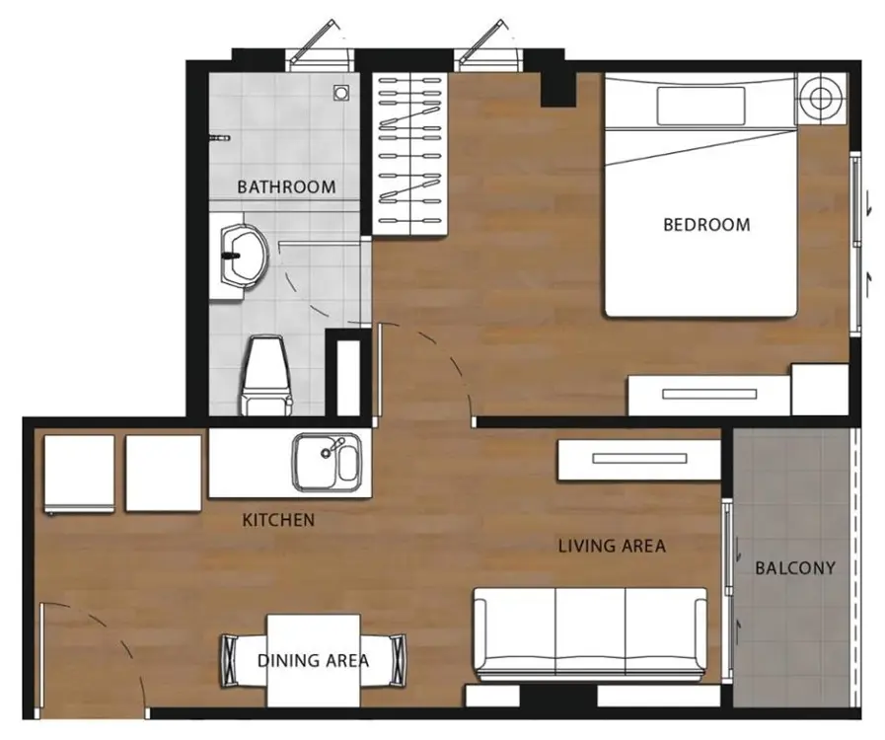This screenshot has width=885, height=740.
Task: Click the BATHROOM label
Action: click(286, 186)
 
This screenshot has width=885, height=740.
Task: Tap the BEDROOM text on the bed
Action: click(706, 225)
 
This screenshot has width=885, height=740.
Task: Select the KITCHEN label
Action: click(278, 520)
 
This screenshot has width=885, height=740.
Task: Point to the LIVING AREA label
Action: click(612, 546)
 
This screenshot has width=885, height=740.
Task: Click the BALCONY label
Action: click(795, 568)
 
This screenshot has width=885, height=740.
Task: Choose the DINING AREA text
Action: click(313, 660)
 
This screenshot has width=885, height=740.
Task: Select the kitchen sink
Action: click(327, 462)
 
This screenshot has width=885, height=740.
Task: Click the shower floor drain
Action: click(340, 92)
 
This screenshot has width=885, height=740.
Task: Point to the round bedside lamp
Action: click(821, 99)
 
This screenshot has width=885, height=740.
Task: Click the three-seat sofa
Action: click(590, 633)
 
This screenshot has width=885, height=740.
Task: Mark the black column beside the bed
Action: click(557, 89)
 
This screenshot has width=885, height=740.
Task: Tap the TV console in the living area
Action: click(639, 460)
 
